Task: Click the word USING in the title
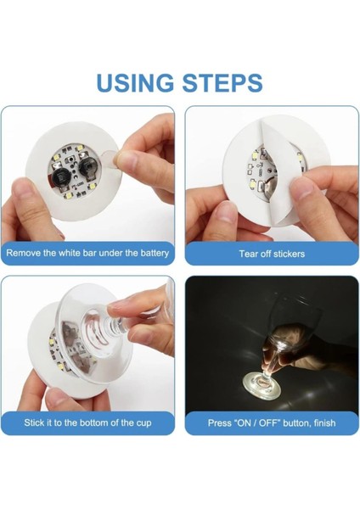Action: (x=134, y=82)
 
